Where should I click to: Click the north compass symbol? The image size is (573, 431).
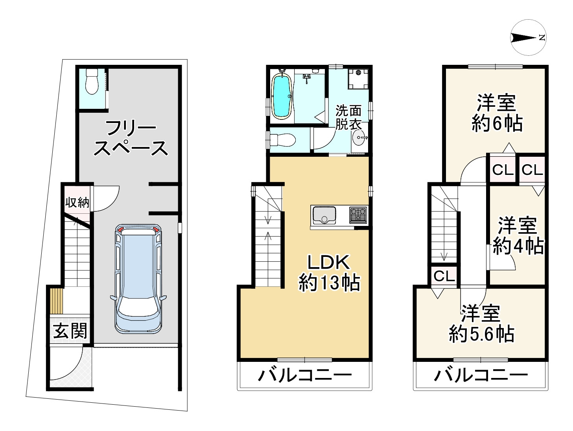point(529,38)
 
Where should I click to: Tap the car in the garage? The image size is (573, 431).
point(138,279)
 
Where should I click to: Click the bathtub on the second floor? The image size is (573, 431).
point(281,96)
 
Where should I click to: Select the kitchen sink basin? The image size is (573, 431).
point(323,215)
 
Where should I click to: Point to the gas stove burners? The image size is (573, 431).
point(358,215)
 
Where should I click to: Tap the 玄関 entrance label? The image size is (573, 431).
point(70,331)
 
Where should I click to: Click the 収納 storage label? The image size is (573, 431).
point(77,203)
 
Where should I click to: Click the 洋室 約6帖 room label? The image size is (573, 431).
point(496,113)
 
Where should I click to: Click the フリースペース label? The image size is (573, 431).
point(131,138)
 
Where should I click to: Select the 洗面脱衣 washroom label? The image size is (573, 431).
point(348,117)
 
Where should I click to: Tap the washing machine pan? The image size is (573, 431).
point(358,77)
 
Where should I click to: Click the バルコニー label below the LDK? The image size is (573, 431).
point(304,376)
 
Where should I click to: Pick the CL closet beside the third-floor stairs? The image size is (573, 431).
point(444,277)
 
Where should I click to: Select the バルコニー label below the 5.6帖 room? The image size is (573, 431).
point(481,376)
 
